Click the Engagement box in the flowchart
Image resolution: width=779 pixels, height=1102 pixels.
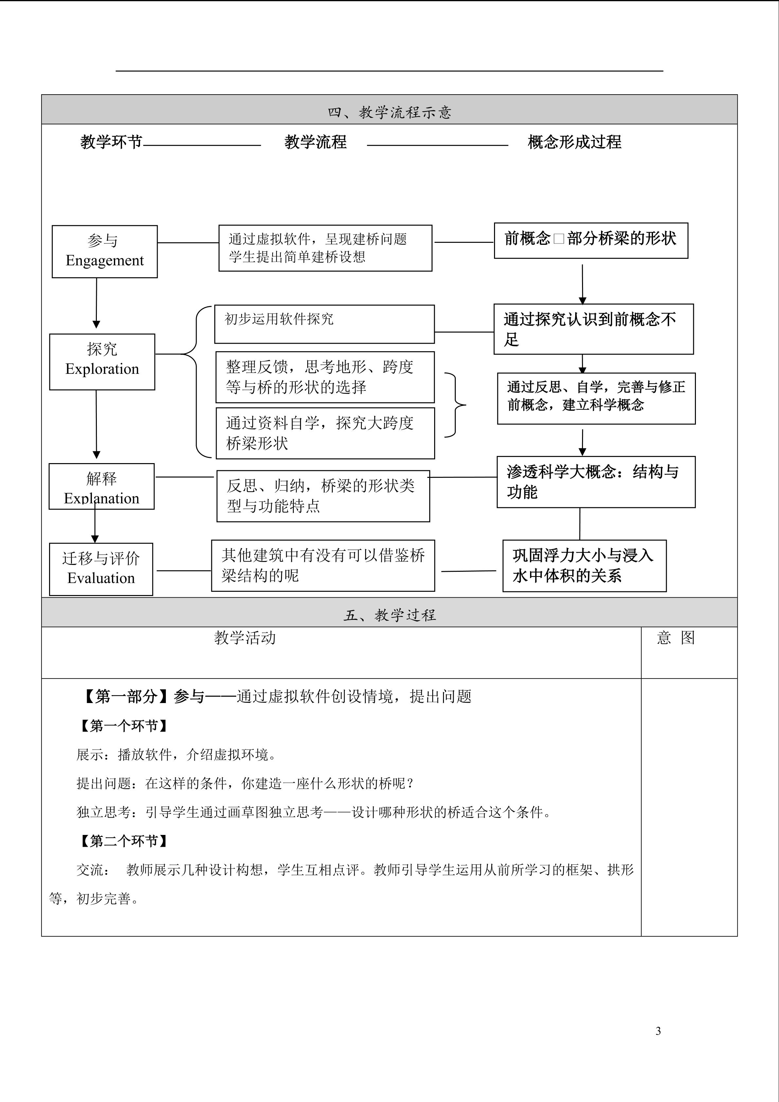(x=105, y=251)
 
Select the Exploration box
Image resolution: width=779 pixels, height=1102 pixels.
(x=102, y=361)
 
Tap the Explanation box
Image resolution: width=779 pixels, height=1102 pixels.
(x=102, y=486)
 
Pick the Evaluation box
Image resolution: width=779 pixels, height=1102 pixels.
(x=101, y=569)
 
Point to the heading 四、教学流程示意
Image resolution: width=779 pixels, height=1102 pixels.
(x=389, y=112)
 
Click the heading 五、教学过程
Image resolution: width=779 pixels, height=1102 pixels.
(x=389, y=615)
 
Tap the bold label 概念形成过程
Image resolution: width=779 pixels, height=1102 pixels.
(x=574, y=142)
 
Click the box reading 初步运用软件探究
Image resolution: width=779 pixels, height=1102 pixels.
(x=324, y=324)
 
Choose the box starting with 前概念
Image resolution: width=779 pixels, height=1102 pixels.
(x=591, y=241)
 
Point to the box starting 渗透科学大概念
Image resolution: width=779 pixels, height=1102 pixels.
(x=596, y=482)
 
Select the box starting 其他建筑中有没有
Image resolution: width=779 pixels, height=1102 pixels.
(x=323, y=565)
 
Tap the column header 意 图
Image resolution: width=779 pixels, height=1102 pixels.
(x=676, y=638)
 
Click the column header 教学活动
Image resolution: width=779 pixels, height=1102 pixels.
(x=245, y=638)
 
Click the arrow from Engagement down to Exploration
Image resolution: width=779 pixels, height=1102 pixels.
(x=97, y=303)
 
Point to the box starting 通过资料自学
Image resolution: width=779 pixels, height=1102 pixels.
(x=325, y=433)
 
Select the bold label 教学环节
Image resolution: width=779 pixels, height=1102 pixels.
(x=111, y=142)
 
